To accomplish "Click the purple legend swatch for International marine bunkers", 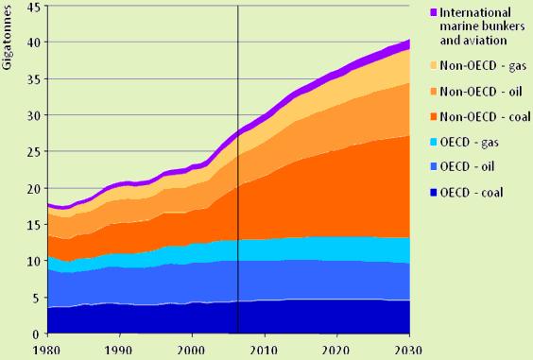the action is point(434,12).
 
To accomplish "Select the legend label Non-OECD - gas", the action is point(483,65).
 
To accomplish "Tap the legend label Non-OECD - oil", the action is point(481,92).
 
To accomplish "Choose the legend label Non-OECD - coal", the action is point(485,116).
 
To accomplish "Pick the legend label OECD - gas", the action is point(469,142).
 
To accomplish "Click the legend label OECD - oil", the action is point(467,166).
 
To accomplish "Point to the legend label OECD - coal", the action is point(472,193).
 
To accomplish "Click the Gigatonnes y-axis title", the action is point(7,38).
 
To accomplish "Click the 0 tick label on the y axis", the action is point(36,334).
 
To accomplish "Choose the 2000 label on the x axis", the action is point(192,351).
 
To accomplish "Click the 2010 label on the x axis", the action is point(265,351).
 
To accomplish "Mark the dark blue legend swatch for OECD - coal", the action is point(433,193).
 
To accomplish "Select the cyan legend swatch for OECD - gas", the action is point(433,142).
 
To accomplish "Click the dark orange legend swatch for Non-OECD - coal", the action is point(433,116).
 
